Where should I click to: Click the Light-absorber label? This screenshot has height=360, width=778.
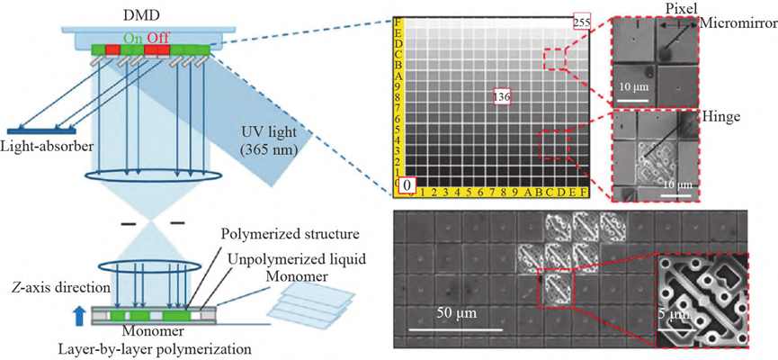(44, 145)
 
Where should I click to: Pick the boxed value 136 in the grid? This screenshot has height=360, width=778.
(503, 95)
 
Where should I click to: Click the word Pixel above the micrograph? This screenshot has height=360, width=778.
(682, 7)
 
